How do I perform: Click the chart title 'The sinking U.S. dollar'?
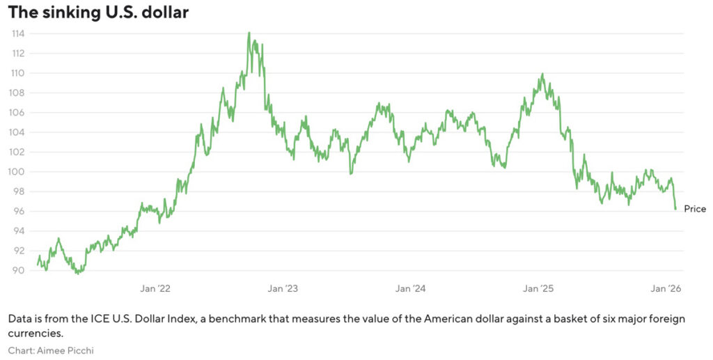[x=98, y=13]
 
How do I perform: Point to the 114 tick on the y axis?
[x=18, y=33]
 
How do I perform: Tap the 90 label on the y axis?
[x=19, y=270]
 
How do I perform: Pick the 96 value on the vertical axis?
[x=19, y=211]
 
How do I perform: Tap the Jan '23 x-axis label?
[x=283, y=288]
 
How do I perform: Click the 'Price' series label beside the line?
[x=695, y=209]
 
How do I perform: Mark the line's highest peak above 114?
[x=249, y=33]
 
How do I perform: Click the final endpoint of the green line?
[x=675, y=209]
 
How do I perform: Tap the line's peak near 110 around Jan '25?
[x=542, y=74]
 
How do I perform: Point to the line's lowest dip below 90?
[x=78, y=273]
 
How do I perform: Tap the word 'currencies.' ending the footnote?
[x=33, y=334]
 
